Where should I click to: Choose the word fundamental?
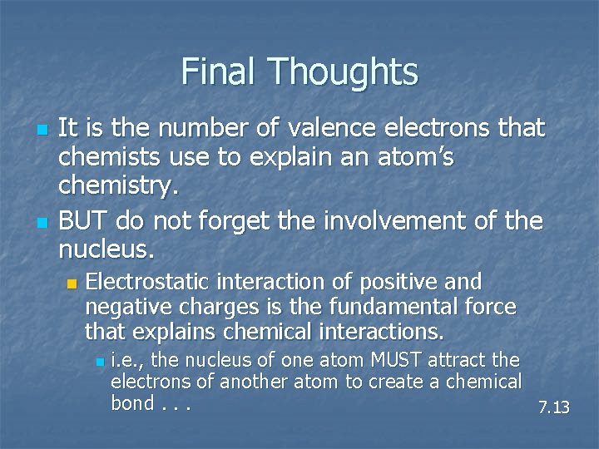coord(405,308)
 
